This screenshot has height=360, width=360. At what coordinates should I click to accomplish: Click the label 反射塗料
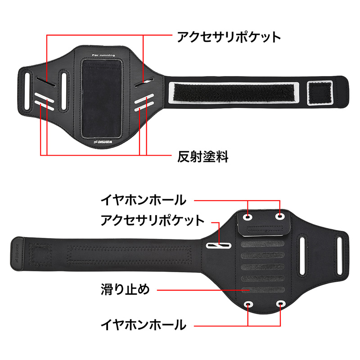pos(203,157)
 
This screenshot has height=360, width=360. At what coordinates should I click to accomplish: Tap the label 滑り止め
pos(126,289)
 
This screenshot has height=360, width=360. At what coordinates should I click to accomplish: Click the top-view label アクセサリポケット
pos(229,37)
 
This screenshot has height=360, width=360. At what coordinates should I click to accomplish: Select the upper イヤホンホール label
pos(144,200)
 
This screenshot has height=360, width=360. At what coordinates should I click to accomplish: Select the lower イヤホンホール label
pos(144,324)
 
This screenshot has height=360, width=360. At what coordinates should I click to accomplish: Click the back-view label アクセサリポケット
pos(153,220)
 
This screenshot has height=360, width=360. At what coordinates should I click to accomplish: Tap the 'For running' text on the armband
pos(103,55)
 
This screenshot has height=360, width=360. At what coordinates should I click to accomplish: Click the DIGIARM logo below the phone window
pos(103,142)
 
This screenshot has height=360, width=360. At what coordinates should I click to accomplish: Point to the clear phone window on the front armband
pos(102,99)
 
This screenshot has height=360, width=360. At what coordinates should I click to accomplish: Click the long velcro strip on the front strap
pos(234,93)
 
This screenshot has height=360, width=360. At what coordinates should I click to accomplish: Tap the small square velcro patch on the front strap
pos(320,93)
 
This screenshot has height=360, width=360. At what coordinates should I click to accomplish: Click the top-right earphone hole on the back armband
pos(280,216)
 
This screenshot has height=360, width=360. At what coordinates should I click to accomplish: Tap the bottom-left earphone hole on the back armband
pos(248,305)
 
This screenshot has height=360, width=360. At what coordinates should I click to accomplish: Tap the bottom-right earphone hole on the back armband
pos(280,304)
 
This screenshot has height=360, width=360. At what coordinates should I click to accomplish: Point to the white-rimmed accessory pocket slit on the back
pos(218,246)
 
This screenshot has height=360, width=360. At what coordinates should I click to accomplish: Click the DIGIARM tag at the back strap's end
pos(17,254)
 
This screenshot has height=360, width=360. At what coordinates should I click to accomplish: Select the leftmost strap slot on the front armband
pos(27,91)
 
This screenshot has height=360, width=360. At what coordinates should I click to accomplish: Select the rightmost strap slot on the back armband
pos(340,256)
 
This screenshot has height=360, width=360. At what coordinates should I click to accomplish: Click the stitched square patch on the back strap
pos(40,255)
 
